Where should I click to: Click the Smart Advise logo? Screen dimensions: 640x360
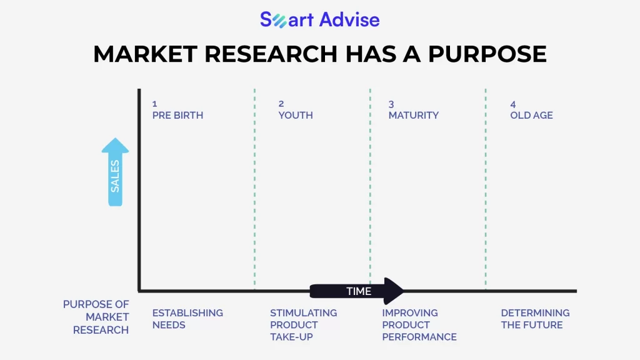[320, 19]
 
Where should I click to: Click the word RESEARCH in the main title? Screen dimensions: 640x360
[271, 54]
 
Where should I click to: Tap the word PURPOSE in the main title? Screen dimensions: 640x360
[487, 54]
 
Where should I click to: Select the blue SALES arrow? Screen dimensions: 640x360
[115, 172]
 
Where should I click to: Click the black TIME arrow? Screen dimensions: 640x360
[357, 291]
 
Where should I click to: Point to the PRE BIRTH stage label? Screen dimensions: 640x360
[177, 115]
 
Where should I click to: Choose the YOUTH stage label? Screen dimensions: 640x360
[296, 115]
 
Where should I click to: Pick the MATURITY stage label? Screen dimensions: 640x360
[414, 115]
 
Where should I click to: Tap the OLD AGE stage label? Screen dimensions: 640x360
[531, 115]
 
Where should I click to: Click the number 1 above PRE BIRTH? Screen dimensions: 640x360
[155, 104]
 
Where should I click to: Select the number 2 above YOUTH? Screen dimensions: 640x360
[281, 104]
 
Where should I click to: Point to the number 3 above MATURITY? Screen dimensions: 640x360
[391, 104]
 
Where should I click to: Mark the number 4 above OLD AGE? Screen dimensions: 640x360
[513, 104]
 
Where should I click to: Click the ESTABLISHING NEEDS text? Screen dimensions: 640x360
[187, 319]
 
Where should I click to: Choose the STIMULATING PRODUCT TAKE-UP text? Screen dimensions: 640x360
[304, 325]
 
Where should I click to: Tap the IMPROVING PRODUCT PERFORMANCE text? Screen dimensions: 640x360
[419, 325]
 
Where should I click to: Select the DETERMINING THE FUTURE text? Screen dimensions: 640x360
[535, 319]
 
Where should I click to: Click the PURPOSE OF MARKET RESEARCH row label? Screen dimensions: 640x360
[96, 317]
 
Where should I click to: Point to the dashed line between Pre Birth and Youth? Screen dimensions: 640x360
[255, 187]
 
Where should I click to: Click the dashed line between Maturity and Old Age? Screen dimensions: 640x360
[486, 187]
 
